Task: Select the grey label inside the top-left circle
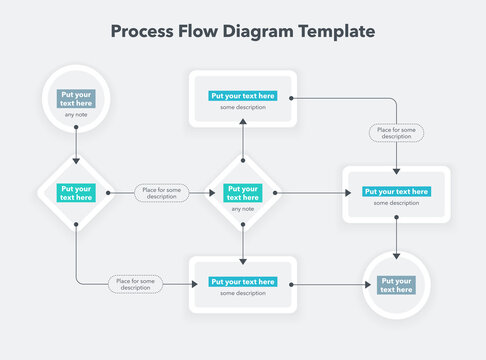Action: (76, 98)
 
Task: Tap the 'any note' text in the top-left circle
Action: (76, 114)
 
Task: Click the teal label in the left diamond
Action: (76, 193)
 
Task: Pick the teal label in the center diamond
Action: (242, 193)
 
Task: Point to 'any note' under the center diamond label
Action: (242, 209)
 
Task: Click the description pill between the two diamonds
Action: (160, 193)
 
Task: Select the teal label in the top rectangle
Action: (242, 96)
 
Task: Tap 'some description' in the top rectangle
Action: (242, 108)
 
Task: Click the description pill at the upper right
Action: (396, 132)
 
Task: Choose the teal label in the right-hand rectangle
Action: (397, 191)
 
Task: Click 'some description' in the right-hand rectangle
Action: (397, 203)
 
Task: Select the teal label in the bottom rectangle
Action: (242, 282)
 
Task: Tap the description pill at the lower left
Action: (135, 284)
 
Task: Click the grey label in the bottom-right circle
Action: (397, 285)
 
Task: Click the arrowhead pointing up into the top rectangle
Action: (242, 123)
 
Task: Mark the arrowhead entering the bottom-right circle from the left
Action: (360, 285)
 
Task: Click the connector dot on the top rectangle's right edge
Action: (290, 98)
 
